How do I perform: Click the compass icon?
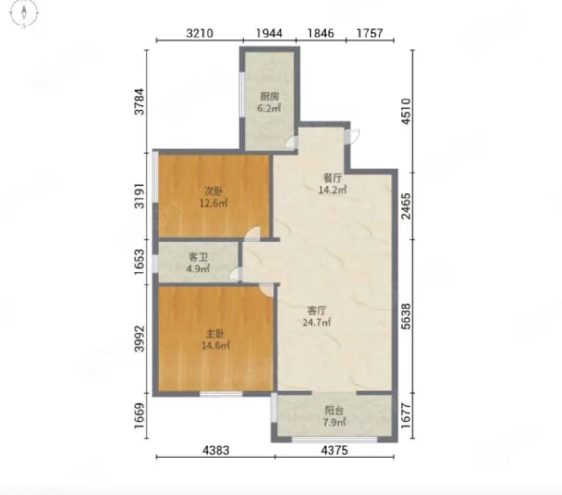[24, 13]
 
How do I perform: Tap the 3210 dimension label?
[200, 33]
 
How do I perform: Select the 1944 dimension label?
[269, 33]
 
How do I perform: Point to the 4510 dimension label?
[406, 111]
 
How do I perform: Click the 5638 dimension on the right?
[406, 316]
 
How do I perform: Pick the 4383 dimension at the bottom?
[215, 450]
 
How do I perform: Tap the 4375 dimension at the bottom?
[334, 450]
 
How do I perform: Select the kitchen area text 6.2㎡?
[269, 108]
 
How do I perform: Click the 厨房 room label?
[269, 97]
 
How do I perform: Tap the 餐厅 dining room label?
[332, 178]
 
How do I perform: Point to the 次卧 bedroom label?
[214, 191]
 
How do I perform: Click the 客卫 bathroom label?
[198, 257]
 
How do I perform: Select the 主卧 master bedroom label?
[215, 334]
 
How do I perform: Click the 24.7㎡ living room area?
[317, 322]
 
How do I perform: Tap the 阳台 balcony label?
[334, 410]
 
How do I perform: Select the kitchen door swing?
[292, 142]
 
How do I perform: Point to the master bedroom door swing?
[267, 289]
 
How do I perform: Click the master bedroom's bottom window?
[221, 394]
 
